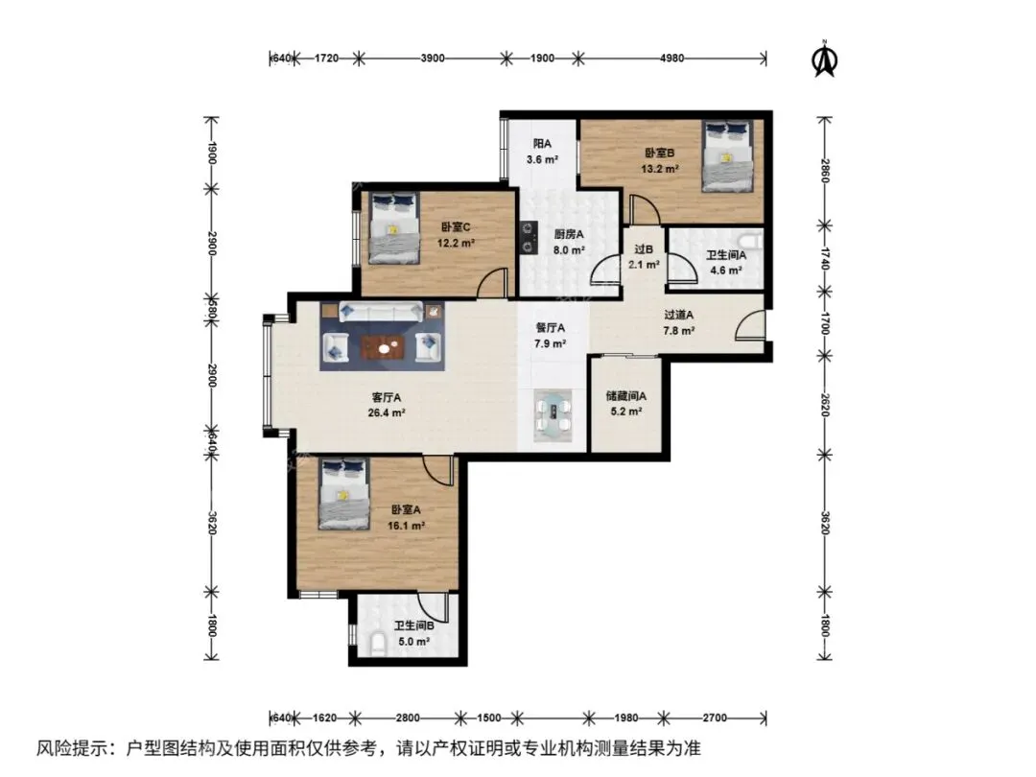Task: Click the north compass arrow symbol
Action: (x=825, y=59)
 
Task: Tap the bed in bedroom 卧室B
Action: (x=727, y=156)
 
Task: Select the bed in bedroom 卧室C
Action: (x=394, y=227)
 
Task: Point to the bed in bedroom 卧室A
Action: (x=343, y=494)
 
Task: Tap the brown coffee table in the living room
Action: (x=383, y=347)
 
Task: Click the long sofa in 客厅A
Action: (x=381, y=311)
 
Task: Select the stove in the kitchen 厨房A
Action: (x=528, y=238)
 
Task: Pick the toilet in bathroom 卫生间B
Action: (x=378, y=645)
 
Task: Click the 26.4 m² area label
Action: (x=387, y=412)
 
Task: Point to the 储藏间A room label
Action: (x=625, y=396)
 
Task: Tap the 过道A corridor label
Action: (x=678, y=316)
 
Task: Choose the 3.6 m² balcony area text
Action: (x=542, y=159)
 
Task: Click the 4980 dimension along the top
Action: (x=671, y=59)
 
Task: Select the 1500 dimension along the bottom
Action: (x=488, y=718)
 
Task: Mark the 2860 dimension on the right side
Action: (x=824, y=171)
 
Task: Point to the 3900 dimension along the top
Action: (x=432, y=59)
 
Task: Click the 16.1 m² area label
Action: (x=406, y=526)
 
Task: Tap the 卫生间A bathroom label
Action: (x=726, y=255)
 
